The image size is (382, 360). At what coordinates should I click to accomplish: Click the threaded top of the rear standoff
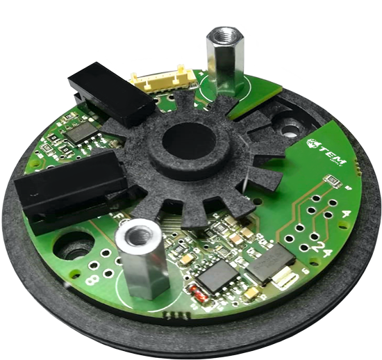pos(225,34)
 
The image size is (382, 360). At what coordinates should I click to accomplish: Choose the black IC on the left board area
pos(82,132)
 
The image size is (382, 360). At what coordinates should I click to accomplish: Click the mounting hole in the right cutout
pos(288,127)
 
